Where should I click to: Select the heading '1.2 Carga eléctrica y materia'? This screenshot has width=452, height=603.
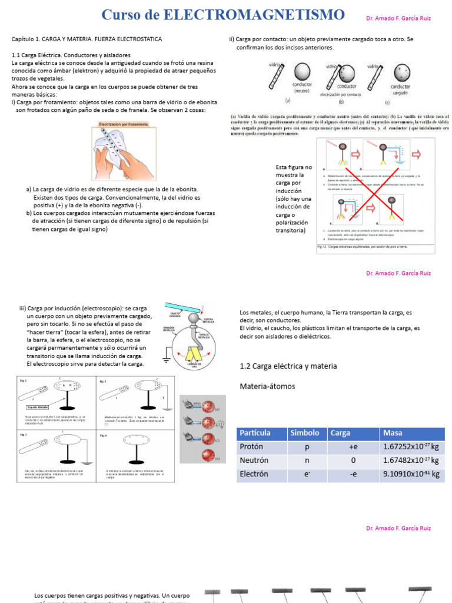(x=288, y=366)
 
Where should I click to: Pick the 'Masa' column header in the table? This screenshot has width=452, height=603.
(x=393, y=433)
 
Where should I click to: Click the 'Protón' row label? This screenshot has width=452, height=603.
(x=252, y=446)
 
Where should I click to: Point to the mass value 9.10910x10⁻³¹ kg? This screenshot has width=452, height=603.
(x=411, y=474)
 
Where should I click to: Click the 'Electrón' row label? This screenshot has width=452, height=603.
(x=254, y=474)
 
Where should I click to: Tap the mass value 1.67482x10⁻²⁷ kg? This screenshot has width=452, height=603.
(x=411, y=460)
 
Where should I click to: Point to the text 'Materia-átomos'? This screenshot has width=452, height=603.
(x=267, y=387)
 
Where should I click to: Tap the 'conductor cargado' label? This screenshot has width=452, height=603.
(x=401, y=89)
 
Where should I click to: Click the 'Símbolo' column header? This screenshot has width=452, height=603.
(x=305, y=433)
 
